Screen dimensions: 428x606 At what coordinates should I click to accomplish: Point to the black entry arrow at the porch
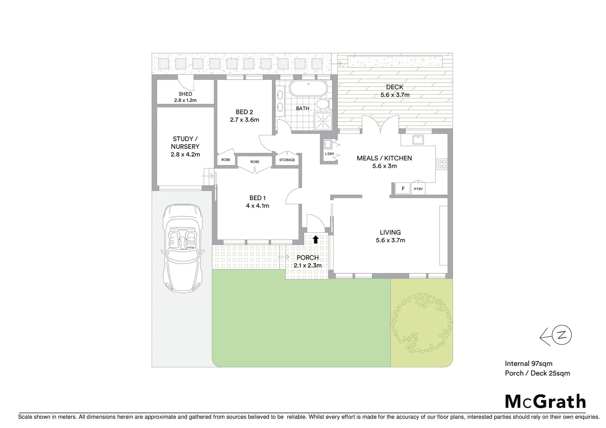[316, 239]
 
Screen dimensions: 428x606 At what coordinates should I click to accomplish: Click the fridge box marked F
[403, 189]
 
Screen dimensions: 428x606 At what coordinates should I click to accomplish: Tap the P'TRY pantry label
[419, 189]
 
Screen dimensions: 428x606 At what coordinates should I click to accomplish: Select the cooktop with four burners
[442, 163]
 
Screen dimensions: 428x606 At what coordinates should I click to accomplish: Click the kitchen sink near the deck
[418, 139]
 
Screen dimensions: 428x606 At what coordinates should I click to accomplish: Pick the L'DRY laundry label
[329, 154]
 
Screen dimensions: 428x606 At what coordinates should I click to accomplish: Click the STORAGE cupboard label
[287, 160]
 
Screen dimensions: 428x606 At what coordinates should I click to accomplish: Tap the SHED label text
[185, 94]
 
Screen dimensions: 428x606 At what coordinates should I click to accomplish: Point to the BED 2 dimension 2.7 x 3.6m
[245, 120]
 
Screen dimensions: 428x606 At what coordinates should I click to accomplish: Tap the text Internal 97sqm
[528, 363]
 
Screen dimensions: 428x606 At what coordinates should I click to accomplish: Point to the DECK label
[394, 87]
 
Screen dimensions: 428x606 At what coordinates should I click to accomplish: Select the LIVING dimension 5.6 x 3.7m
[390, 240]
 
